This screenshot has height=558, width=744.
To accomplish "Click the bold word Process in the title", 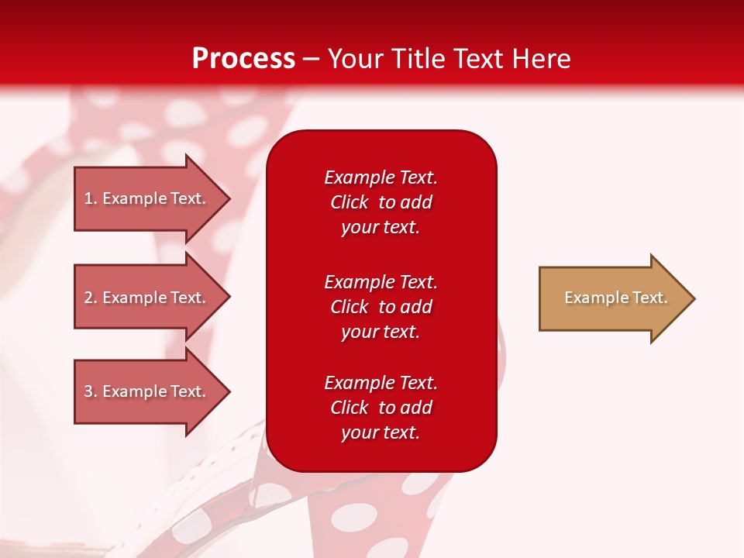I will tap(243, 59).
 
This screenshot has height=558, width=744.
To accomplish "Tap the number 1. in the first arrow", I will tap(91, 198).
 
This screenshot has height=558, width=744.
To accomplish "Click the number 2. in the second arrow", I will tap(91, 298).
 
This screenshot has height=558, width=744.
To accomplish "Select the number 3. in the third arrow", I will tap(91, 391).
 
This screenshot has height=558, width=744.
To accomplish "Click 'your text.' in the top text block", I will tap(381, 228).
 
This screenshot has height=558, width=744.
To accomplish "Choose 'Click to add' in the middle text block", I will tap(381, 307).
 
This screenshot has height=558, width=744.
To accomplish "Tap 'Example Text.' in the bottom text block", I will tap(381, 383).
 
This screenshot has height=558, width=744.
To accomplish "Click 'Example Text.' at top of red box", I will tap(381, 177).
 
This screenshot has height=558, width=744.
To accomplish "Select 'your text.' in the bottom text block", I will tap(381, 433).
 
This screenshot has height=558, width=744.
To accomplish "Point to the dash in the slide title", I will tap(311, 60).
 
